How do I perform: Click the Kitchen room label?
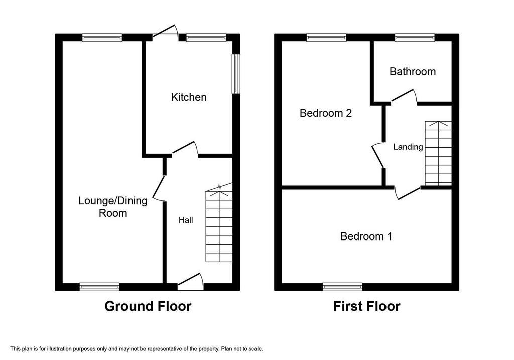pos(189,97)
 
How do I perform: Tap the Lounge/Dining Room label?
pos(113,207)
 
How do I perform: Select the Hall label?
pos(186,220)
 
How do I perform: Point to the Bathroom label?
pos(413,71)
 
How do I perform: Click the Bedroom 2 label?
pos(325,113)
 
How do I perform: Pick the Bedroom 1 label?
pos(366,236)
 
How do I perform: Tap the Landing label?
pos(408,147)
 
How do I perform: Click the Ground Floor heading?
pos(148,306)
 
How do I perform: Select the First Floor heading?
pos(366,306)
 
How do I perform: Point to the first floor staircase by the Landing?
pos(438,153)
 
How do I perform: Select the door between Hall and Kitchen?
pos(185,148)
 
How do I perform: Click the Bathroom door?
pos(404,96)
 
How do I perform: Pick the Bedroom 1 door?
pos(408,193)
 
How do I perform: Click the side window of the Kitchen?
pos(236,74)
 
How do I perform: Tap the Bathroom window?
pos(415,37)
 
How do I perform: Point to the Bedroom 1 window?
pos(342,287)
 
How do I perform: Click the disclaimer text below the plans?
pos(137,349)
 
